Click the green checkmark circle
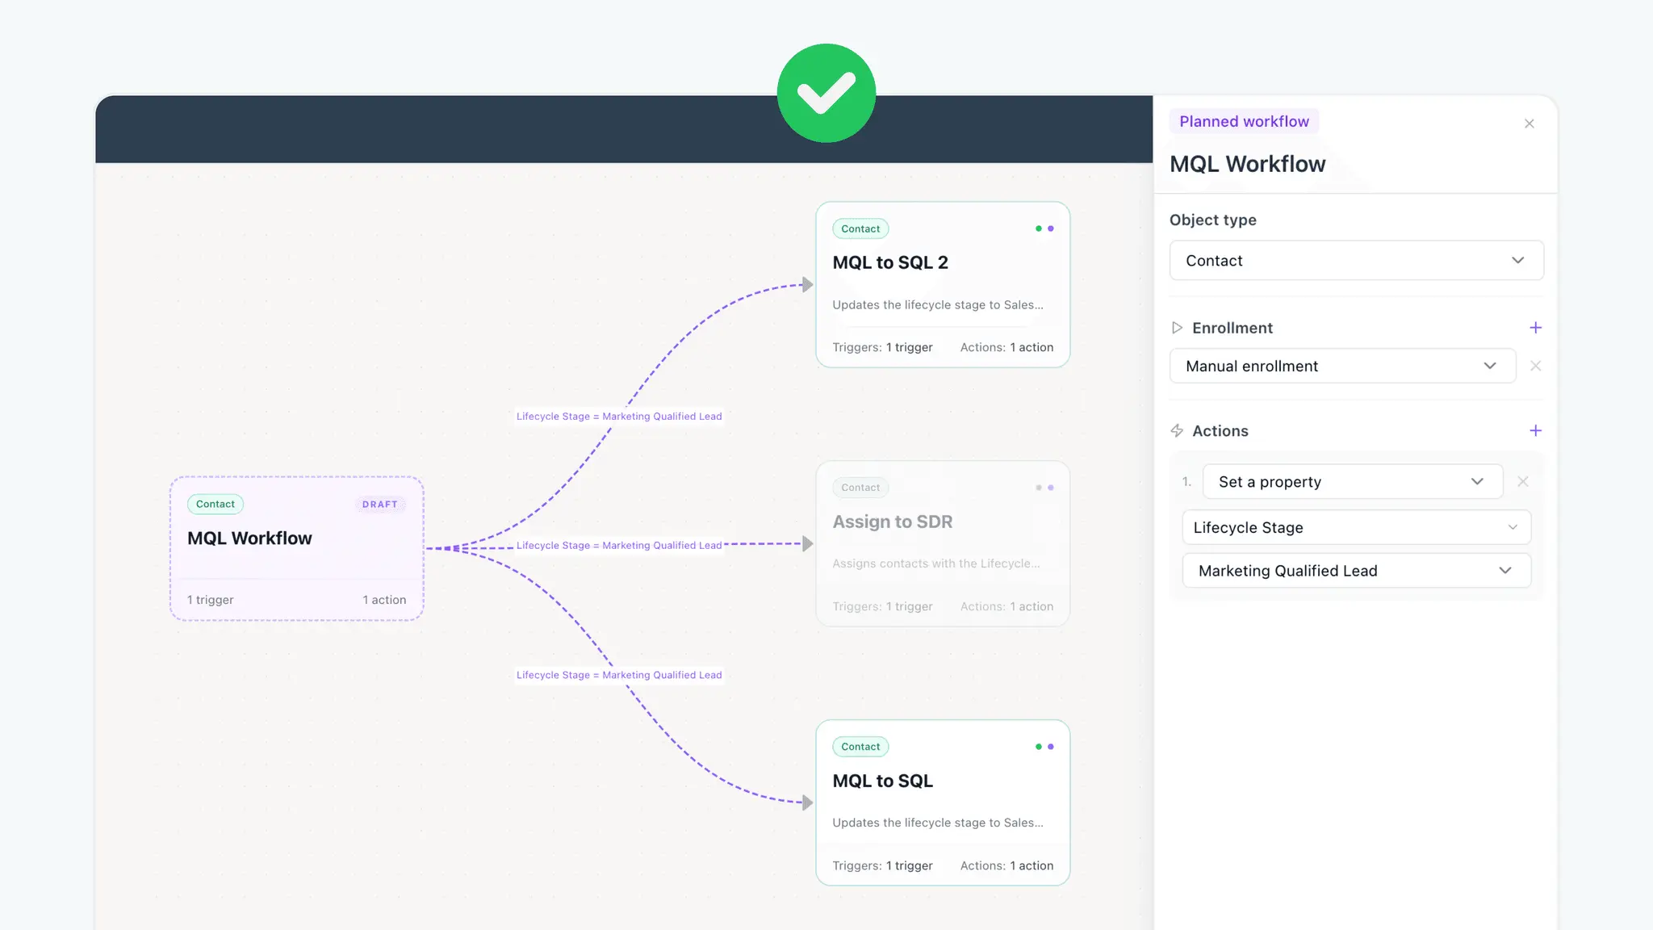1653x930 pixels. [x=826, y=93]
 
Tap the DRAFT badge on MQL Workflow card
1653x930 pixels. [x=380, y=505]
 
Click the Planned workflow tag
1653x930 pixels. [x=1244, y=121]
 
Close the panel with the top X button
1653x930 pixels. [x=1529, y=124]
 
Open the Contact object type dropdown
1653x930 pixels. [x=1356, y=261]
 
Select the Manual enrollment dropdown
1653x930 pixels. [x=1342, y=366]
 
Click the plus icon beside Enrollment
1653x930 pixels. [x=1535, y=328]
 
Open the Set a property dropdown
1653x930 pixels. [x=1352, y=482]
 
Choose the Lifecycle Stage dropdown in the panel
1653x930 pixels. [x=1356, y=527]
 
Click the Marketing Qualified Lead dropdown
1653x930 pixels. [x=1356, y=571]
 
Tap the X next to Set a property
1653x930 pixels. [x=1522, y=482]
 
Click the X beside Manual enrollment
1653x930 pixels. [x=1535, y=366]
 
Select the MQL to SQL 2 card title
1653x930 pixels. [x=890, y=262]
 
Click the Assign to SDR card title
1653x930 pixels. [x=893, y=522]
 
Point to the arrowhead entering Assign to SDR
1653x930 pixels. [x=807, y=544]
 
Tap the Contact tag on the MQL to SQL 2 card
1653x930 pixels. [x=860, y=229]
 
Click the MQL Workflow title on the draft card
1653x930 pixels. [x=249, y=538]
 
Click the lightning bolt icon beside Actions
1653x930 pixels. [x=1177, y=431]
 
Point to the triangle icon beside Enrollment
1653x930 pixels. [x=1177, y=328]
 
